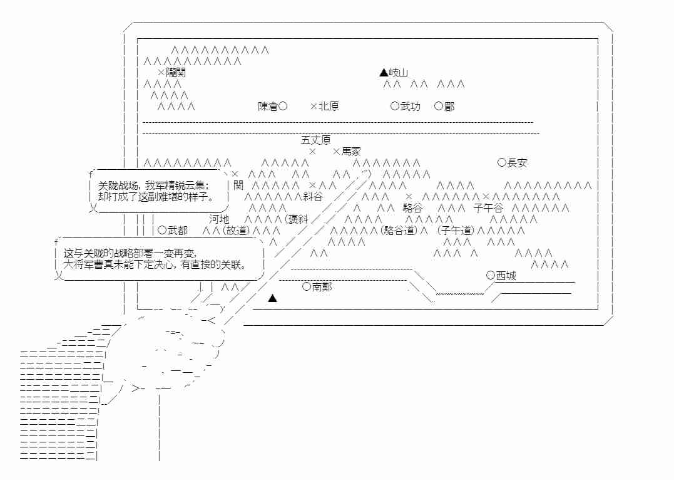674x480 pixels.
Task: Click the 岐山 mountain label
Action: click(399, 73)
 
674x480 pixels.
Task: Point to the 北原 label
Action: click(329, 107)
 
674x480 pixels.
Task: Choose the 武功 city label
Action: click(411, 107)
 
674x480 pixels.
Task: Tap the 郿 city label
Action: click(449, 107)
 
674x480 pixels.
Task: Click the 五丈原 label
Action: click(316, 140)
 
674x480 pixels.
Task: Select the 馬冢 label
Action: click(351, 152)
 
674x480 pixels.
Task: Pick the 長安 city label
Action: click(517, 163)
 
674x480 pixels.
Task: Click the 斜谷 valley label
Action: click(313, 197)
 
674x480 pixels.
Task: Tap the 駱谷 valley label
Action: click(412, 208)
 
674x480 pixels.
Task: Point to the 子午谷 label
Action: click(488, 208)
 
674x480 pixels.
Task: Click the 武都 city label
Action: click(177, 231)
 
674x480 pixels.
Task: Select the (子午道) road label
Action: click(457, 231)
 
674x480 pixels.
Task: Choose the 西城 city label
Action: click(506, 276)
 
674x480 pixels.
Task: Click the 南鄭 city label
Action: click(322, 287)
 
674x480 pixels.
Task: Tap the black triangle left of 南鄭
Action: click(272, 298)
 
